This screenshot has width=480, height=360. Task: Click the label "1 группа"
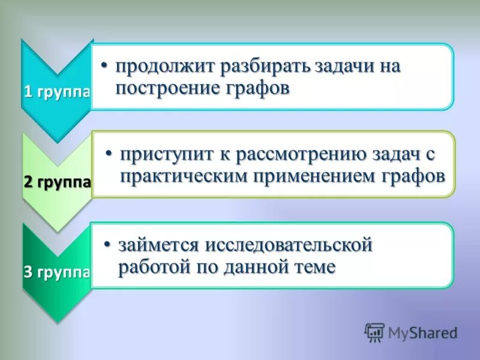[x=57, y=93]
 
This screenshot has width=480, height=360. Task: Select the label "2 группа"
[x=57, y=182]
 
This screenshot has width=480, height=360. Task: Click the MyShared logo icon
[x=375, y=332]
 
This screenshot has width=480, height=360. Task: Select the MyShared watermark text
[x=423, y=332]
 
